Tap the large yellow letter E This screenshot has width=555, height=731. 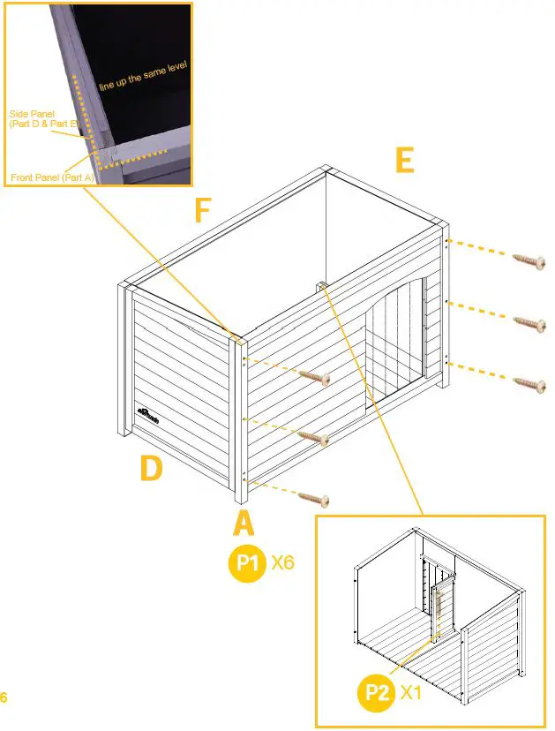[403, 160]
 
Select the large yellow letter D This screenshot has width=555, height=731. [151, 468]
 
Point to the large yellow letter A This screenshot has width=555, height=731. [244, 524]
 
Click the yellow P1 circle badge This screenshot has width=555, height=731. [247, 563]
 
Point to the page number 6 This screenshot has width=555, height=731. [4, 697]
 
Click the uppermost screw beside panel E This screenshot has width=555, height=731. [529, 260]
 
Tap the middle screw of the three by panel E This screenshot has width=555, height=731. [529, 322]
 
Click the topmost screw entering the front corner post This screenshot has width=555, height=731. [314, 377]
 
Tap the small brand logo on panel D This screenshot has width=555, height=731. [147, 411]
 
